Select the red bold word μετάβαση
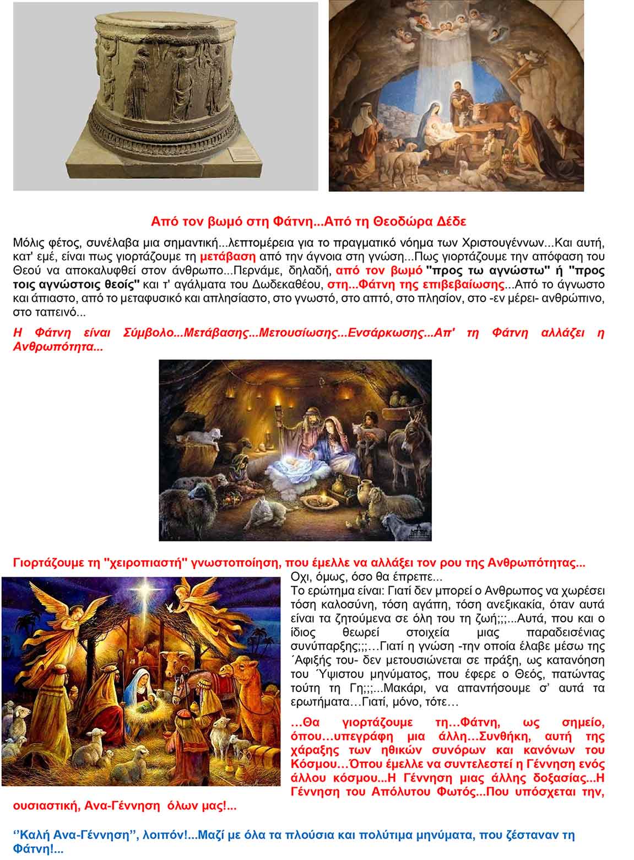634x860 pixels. [x=227, y=256]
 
